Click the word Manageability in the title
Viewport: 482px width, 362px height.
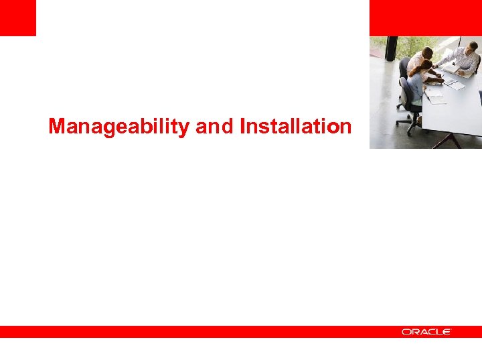point(119,126)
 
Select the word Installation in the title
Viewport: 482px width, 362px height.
point(295,126)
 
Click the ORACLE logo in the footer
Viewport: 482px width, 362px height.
point(426,332)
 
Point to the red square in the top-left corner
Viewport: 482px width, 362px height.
point(17,17)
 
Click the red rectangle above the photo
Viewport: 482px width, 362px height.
point(425,17)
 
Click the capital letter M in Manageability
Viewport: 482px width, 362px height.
point(58,126)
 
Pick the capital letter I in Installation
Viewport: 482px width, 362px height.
point(243,126)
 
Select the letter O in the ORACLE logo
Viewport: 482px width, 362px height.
point(406,332)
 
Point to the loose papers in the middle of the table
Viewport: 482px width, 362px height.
point(455,84)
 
